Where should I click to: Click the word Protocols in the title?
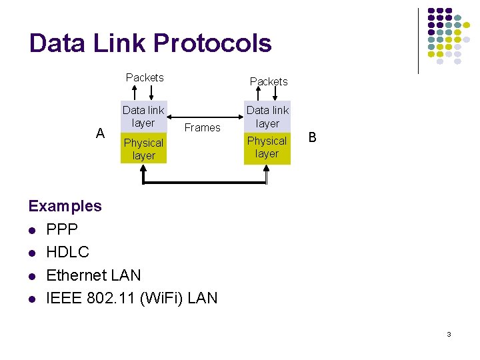click(212, 43)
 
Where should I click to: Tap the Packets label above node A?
click(145, 77)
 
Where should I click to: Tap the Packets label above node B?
click(269, 81)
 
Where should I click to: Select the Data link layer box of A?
click(143, 117)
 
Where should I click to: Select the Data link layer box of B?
click(267, 117)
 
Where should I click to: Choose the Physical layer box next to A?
click(143, 149)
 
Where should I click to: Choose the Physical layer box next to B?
click(267, 147)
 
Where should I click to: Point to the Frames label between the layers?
click(202, 127)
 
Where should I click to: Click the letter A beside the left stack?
click(100, 133)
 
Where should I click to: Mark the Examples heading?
click(65, 206)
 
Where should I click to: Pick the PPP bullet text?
click(62, 229)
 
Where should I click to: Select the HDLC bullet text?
click(67, 252)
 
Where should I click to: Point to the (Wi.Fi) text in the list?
click(160, 297)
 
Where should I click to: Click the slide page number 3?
click(449, 333)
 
